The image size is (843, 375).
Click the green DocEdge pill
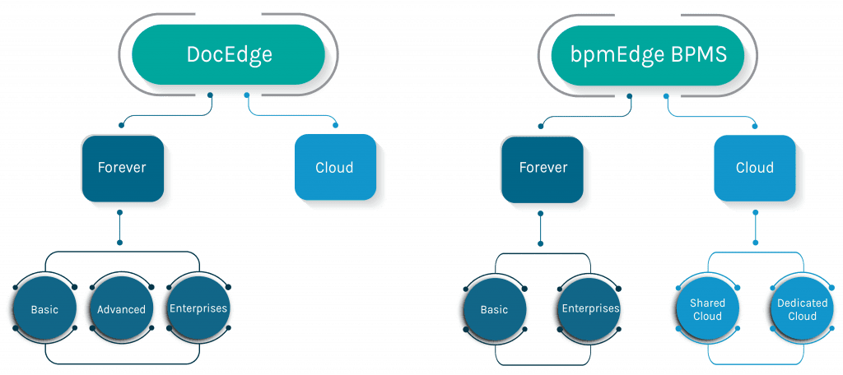click(229, 55)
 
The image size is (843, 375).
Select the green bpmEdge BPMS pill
click(649, 55)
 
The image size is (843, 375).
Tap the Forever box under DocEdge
click(122, 168)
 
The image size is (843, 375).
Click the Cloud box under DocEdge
click(334, 167)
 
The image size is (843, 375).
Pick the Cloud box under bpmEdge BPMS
click(754, 168)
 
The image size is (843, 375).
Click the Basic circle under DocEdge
click(44, 309)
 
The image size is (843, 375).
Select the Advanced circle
click(121, 309)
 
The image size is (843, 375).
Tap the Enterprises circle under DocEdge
click(198, 308)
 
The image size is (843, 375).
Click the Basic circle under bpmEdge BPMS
click(494, 309)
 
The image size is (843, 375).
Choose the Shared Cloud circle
click(707, 309)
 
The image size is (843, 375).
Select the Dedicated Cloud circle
click(802, 309)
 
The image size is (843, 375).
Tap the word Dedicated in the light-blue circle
click(802, 303)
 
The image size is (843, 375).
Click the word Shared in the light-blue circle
click(707, 303)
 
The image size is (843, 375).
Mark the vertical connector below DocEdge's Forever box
click(120, 227)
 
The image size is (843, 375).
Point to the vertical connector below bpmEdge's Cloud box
click(756, 227)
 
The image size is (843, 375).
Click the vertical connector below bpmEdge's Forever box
click(540, 229)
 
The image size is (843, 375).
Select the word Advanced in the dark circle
click(121, 309)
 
